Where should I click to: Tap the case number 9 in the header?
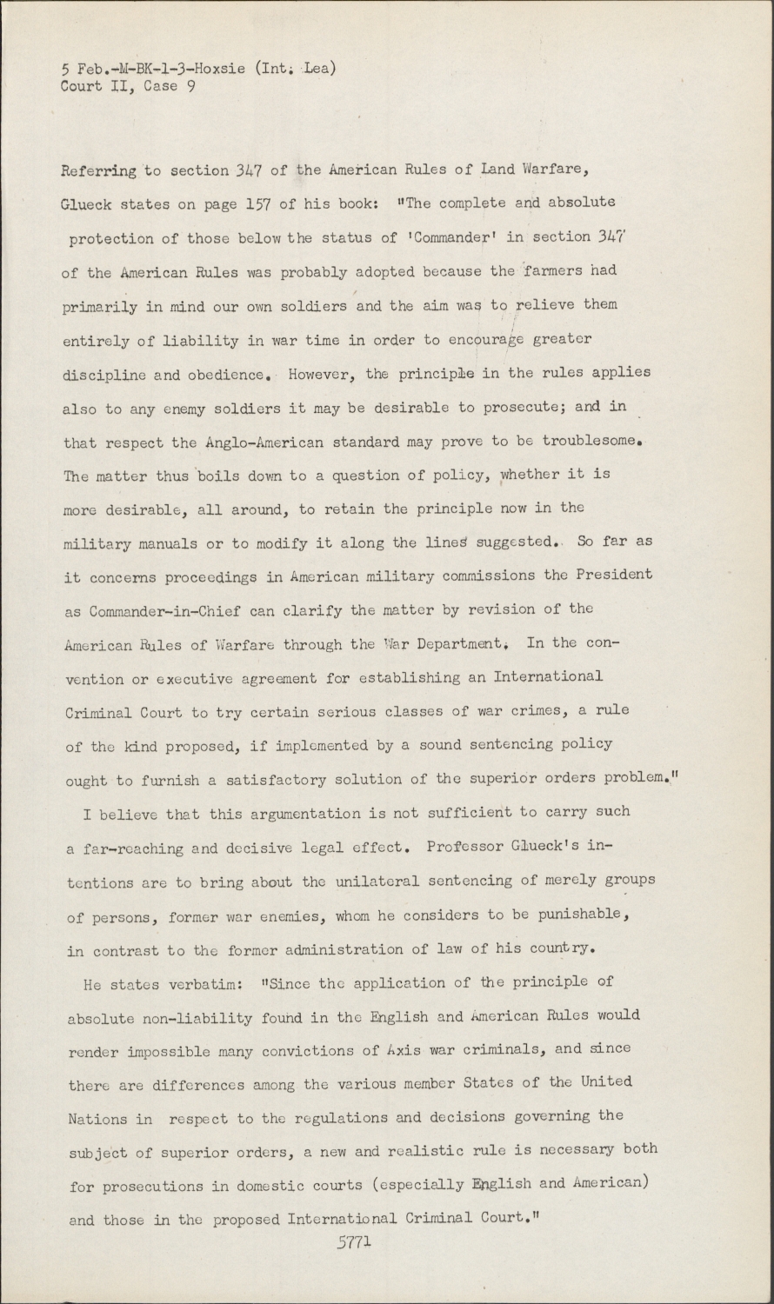(190, 85)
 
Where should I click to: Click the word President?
(611, 575)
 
